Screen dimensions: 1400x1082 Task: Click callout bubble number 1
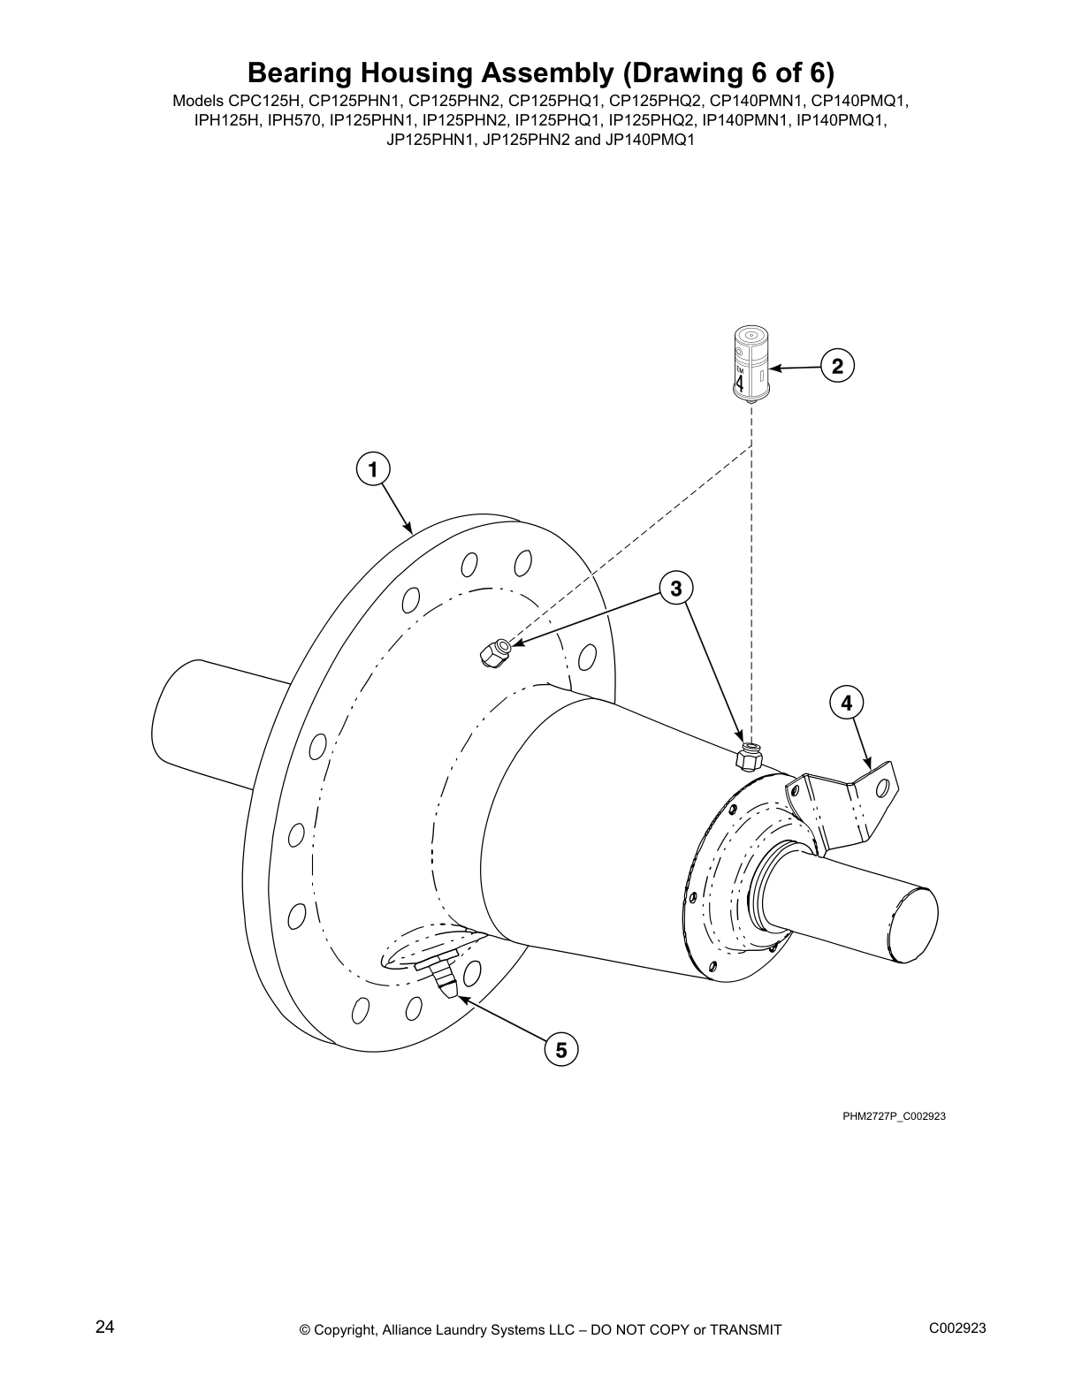pos(373,469)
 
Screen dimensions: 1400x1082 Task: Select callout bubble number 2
pos(837,366)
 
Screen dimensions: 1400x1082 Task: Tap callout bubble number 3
pos(676,588)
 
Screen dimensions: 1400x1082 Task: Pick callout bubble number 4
pos(846,703)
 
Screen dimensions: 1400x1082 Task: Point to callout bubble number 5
pos(560,1050)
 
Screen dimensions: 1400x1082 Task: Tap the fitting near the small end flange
pos(749,757)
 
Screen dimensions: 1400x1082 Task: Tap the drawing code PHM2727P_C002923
pos(894,1116)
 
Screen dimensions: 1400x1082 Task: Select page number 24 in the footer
pos(104,1328)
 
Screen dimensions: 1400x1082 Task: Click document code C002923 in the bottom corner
pos(957,1328)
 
